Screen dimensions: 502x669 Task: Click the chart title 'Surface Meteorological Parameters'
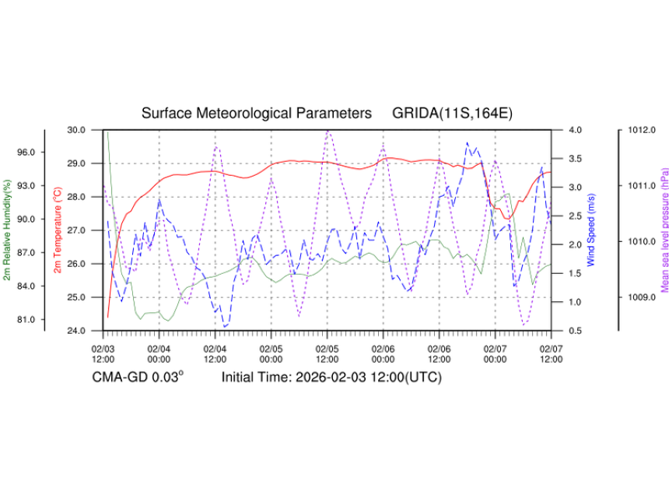coord(256,114)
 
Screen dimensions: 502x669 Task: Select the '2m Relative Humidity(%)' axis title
coord(7,230)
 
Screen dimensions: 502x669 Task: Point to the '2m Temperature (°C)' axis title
coord(58,230)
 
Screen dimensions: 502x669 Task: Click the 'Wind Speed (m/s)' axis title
coord(592,230)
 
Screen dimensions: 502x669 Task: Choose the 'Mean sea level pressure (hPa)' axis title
coord(664,230)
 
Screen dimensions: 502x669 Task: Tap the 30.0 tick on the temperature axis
coord(78,130)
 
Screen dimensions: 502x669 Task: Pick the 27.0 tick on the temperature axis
coord(78,230)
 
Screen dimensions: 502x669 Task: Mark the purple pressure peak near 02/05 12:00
coord(328,132)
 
